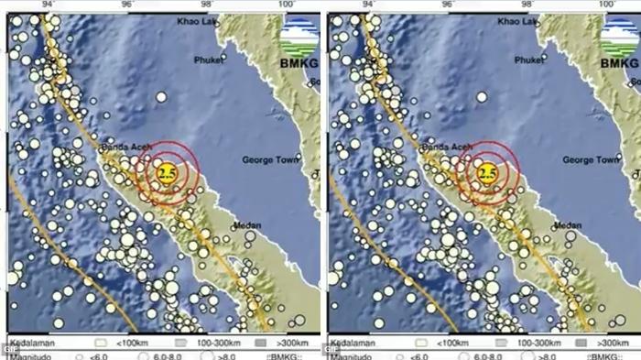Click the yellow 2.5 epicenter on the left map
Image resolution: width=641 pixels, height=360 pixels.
(x=167, y=171)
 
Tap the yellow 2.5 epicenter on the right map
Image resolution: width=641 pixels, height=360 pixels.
(x=487, y=171)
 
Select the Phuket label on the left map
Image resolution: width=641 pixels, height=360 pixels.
(x=209, y=60)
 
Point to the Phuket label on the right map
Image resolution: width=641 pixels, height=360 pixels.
(x=529, y=60)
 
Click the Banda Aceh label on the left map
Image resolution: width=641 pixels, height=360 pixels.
(x=125, y=145)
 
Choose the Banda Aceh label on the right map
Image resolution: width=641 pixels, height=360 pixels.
(x=446, y=145)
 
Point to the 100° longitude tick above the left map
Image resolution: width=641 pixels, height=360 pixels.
(x=287, y=5)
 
